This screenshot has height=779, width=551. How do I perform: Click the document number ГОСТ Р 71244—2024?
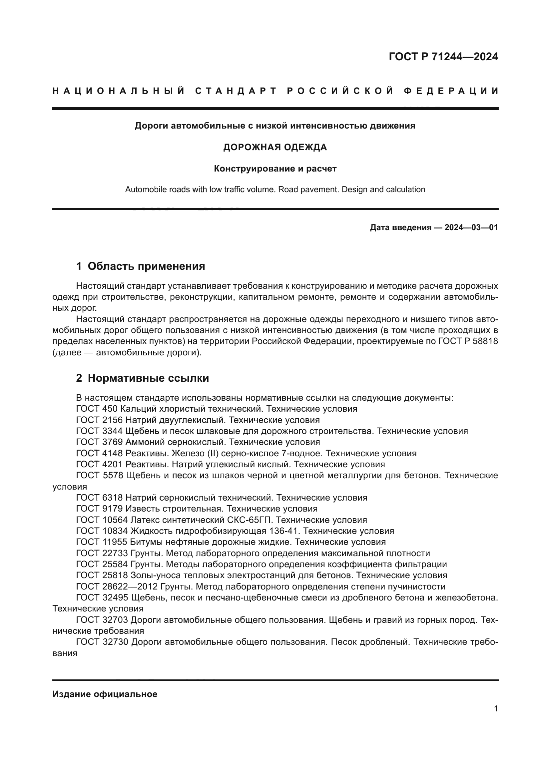(x=443, y=57)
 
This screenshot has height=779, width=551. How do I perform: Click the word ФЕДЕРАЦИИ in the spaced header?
(x=451, y=91)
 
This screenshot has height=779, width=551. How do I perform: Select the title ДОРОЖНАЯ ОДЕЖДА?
(x=275, y=147)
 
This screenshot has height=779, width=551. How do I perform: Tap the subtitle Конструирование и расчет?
(x=275, y=169)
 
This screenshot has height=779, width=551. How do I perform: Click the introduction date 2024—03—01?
(x=471, y=227)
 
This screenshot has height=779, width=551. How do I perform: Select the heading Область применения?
(x=146, y=266)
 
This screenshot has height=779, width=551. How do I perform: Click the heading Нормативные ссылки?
(x=148, y=378)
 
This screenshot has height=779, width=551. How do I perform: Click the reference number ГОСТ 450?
(x=97, y=409)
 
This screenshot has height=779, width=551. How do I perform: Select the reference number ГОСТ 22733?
(x=102, y=553)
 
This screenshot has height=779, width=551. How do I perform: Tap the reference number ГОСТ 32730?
(x=102, y=642)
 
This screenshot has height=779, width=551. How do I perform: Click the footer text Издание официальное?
(x=105, y=694)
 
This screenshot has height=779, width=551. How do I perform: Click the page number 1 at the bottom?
(x=496, y=708)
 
